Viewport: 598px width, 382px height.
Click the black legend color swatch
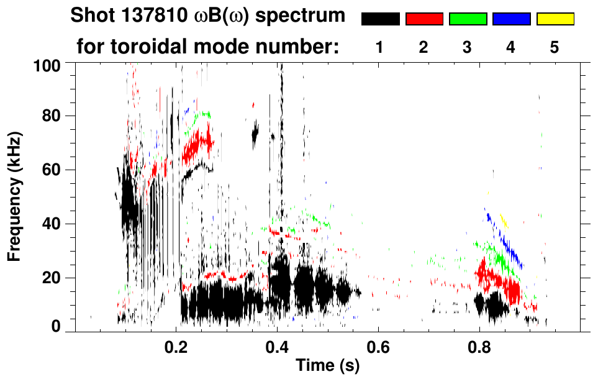(380, 19)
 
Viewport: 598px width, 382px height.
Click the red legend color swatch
(424, 19)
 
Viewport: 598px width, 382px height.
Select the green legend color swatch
(468, 19)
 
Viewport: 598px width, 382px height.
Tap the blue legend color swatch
(511, 19)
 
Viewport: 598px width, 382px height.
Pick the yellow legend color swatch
(555, 19)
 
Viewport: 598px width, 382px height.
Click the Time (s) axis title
(327, 366)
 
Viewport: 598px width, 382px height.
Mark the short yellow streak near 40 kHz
(504, 220)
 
